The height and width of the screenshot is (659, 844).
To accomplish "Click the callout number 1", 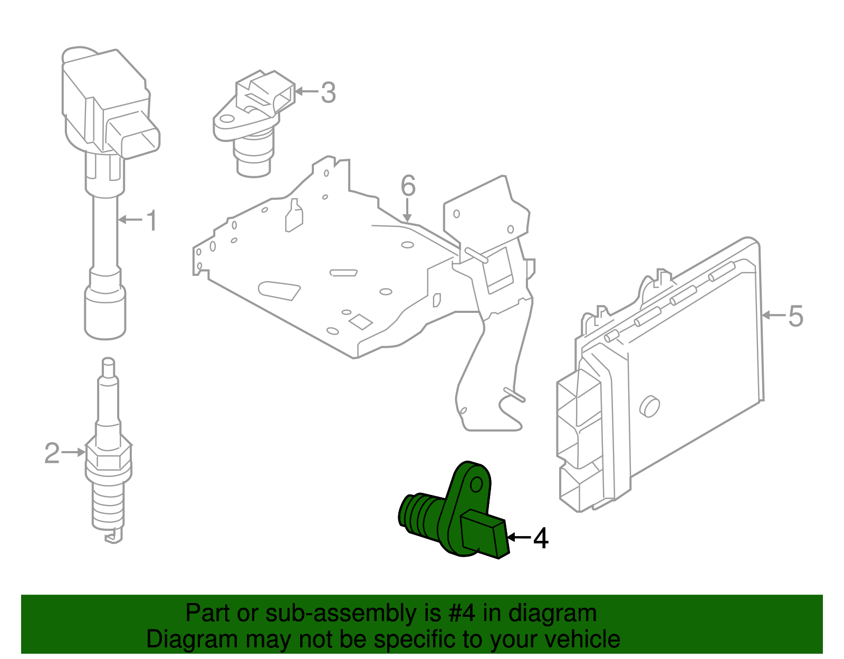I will click(151, 221).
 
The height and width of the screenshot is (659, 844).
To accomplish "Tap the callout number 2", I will click(52, 453).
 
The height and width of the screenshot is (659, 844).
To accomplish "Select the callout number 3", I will click(328, 93).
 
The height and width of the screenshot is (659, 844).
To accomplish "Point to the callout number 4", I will click(541, 538).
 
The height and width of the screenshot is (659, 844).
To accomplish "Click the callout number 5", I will click(795, 316).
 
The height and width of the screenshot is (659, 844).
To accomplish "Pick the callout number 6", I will click(408, 186).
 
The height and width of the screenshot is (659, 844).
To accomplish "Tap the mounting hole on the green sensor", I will click(476, 484).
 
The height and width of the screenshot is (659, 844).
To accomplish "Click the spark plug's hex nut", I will click(109, 458).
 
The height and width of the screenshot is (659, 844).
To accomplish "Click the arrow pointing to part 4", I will click(519, 538).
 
